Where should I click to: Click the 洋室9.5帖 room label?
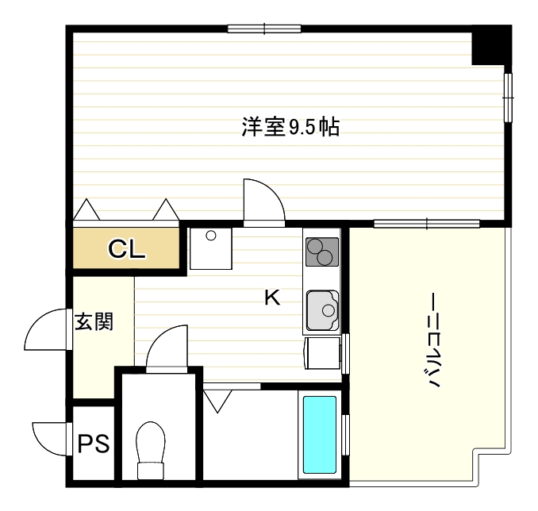click(290, 126)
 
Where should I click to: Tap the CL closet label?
click(127, 250)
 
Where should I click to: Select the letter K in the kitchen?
click(271, 298)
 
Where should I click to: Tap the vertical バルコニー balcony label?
click(435, 341)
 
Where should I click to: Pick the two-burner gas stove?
click(321, 252)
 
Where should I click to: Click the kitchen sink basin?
click(322, 309)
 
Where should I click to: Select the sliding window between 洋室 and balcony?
click(427, 223)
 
